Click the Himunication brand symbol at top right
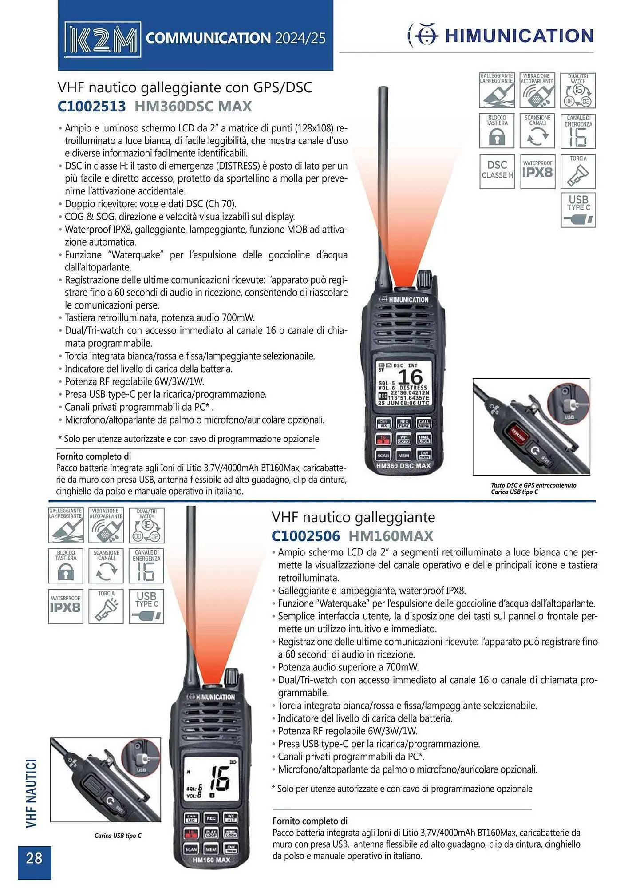pos(423,36)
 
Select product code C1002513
pos(91,107)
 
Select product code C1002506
pos(305,536)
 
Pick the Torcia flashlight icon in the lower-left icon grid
pos(106,606)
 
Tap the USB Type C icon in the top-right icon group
pos(578,210)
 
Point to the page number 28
pos(34,858)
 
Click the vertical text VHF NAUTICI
pos(31,793)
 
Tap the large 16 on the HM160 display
pos(219,778)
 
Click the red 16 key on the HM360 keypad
pos(383,439)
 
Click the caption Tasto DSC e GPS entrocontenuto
pos(533,485)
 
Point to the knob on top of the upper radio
pos(424,279)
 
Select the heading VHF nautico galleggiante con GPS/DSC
pos(185,87)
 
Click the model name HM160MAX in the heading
pos(391,536)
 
